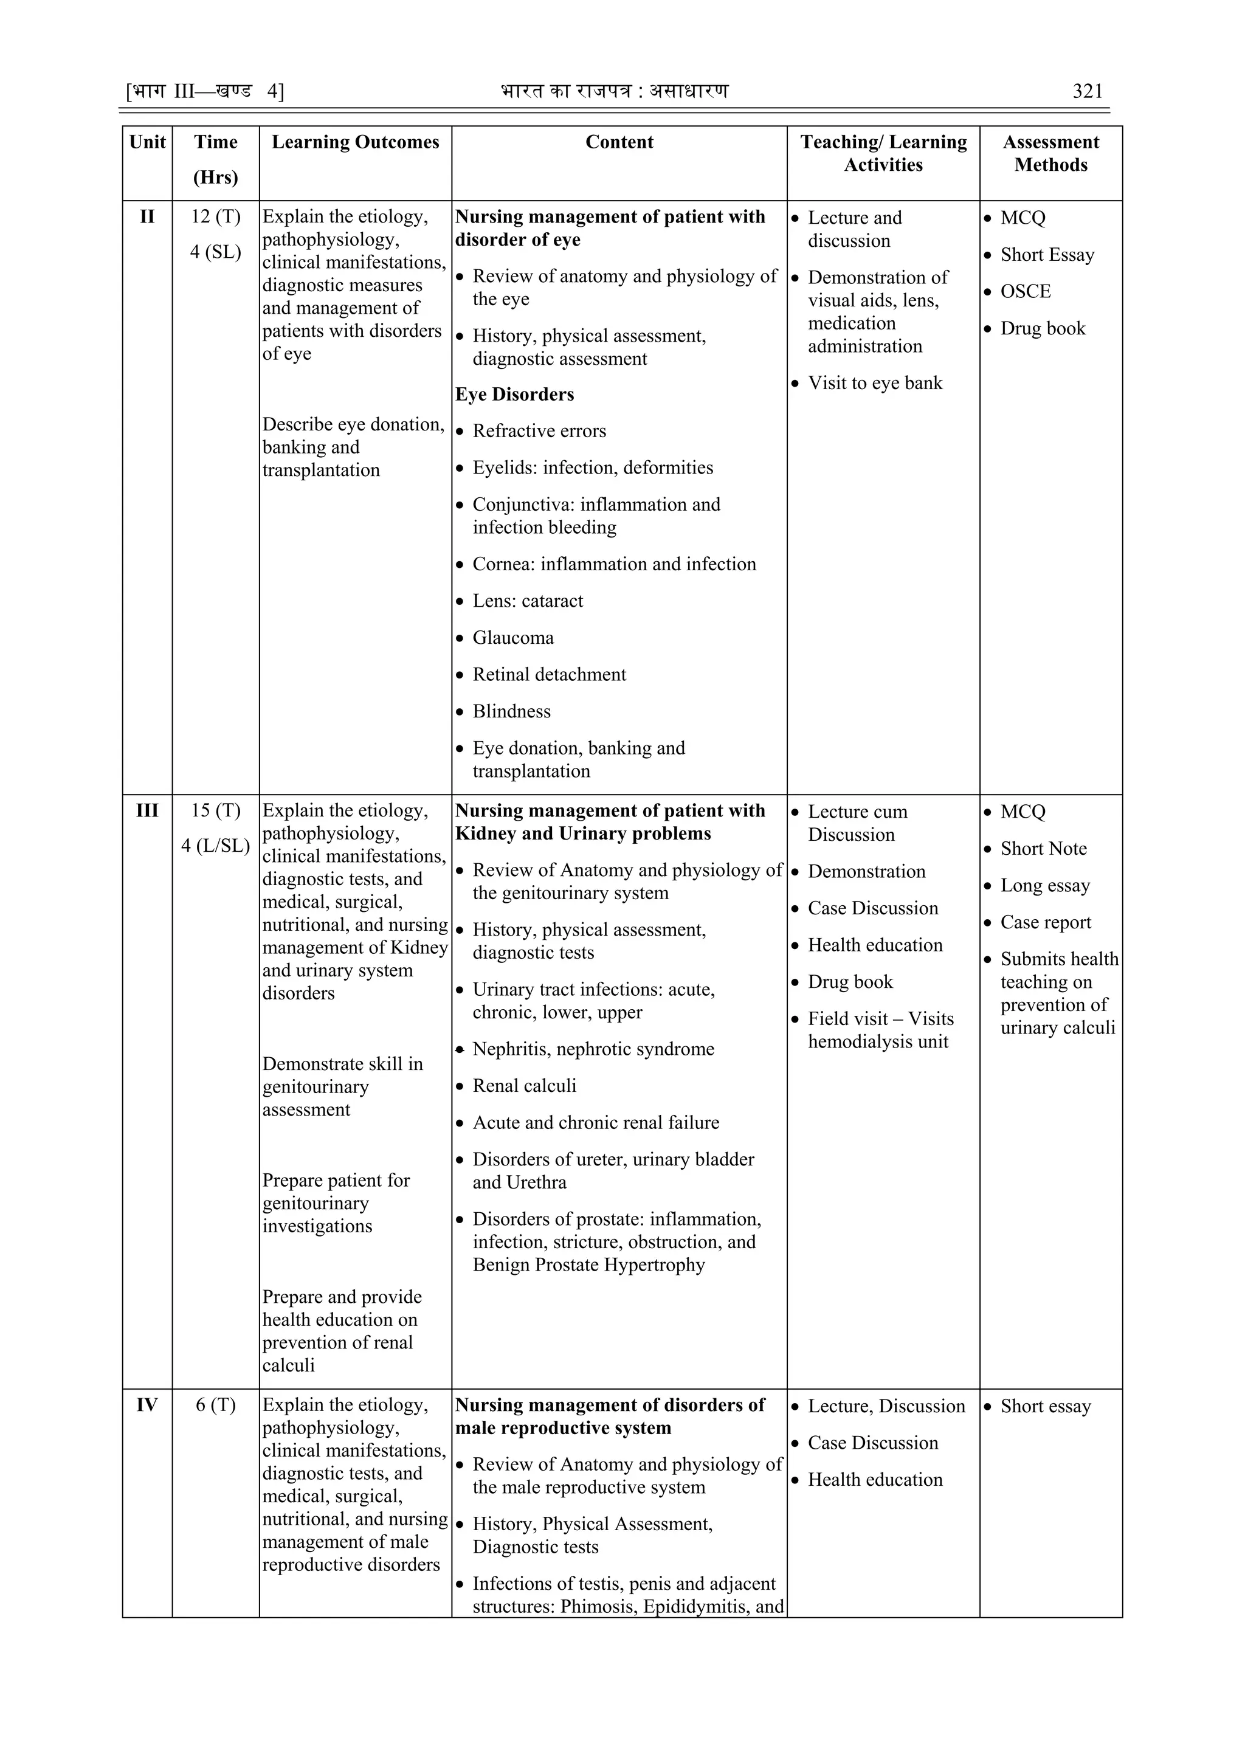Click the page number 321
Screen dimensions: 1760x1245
(1087, 91)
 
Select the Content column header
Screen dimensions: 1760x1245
(619, 142)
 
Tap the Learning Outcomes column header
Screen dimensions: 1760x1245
(355, 142)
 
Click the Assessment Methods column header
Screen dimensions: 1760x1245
(1050, 153)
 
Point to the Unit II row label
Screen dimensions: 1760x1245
(147, 217)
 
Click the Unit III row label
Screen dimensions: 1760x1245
(147, 811)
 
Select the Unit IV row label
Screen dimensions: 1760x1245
(147, 1405)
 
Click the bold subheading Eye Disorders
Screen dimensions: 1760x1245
(514, 395)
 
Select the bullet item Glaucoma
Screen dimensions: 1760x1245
(513, 638)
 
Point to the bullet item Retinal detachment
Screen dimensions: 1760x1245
(549, 675)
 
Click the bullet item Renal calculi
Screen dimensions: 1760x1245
(525, 1085)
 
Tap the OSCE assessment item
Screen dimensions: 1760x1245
(1025, 291)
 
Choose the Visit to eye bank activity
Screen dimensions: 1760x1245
(875, 383)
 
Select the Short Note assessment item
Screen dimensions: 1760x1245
(1043, 849)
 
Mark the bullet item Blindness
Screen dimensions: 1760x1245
(511, 711)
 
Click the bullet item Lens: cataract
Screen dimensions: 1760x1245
(528, 601)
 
